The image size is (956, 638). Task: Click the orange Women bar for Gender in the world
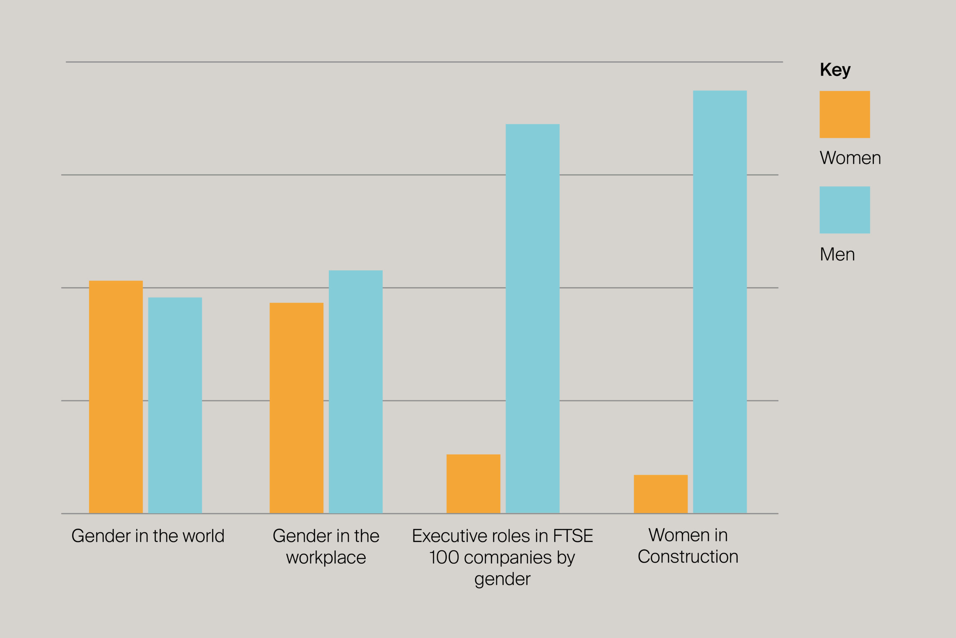tap(116, 397)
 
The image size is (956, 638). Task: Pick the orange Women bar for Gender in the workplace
tap(296, 408)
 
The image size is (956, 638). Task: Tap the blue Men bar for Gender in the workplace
tap(355, 392)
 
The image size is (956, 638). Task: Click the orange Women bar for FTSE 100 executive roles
tap(473, 484)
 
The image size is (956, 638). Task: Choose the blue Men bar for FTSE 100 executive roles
tap(532, 318)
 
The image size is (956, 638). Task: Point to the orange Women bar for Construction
tap(661, 494)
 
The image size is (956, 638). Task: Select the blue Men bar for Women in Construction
tap(720, 302)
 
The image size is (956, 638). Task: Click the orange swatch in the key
tap(844, 114)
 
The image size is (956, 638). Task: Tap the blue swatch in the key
tap(844, 210)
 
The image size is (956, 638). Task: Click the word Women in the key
tap(850, 158)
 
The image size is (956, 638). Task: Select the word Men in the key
tap(837, 255)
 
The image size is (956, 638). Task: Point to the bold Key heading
tap(835, 70)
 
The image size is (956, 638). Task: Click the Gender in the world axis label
tap(148, 536)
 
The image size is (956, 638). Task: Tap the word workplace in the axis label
tap(326, 557)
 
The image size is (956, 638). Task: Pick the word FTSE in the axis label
tap(572, 536)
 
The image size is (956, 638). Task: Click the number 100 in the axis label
tap(444, 557)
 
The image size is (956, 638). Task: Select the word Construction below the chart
tap(688, 557)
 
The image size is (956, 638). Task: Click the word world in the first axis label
tap(204, 536)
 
